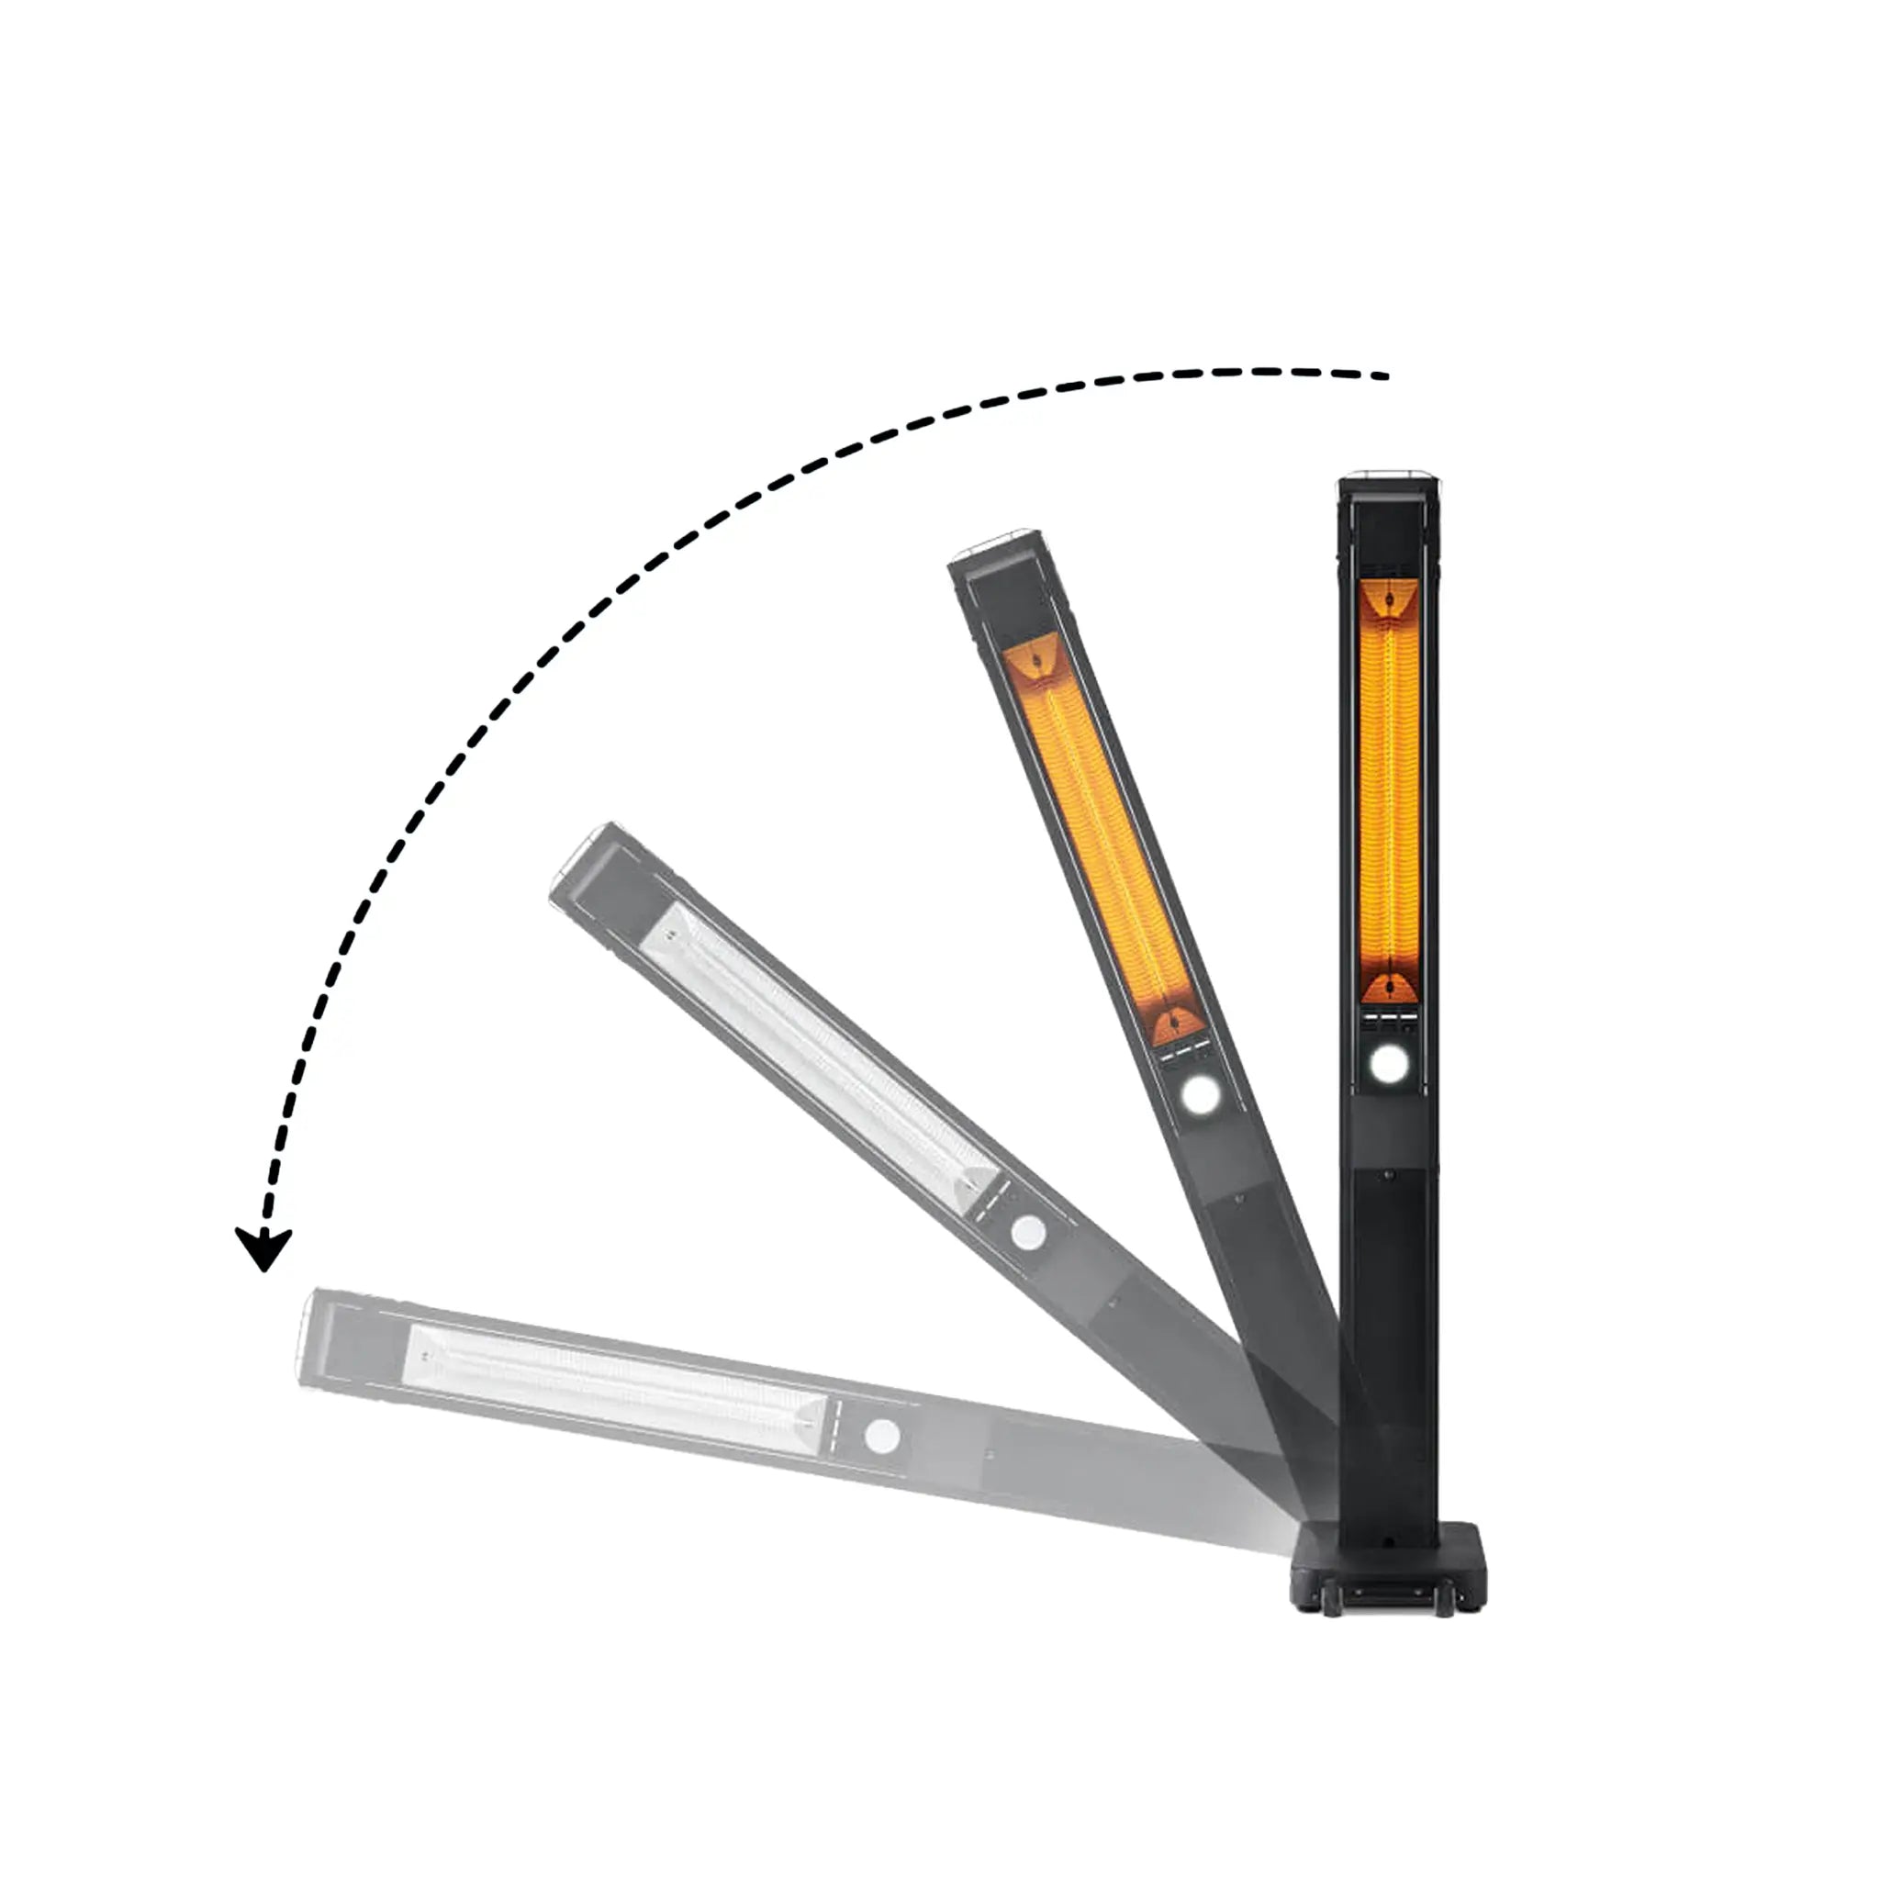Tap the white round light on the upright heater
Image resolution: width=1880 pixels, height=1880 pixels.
click(x=1388, y=1064)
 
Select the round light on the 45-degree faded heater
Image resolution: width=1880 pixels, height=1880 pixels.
click(x=1026, y=1233)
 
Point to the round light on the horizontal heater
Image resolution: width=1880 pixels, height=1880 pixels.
click(x=881, y=1437)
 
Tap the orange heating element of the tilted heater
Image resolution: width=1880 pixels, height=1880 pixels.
click(x=1104, y=837)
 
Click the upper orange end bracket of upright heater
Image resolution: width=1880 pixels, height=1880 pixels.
click(x=1389, y=597)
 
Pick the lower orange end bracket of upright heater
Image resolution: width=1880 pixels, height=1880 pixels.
click(x=1389, y=990)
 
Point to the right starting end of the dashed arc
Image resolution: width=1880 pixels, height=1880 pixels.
click(x=1383, y=375)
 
